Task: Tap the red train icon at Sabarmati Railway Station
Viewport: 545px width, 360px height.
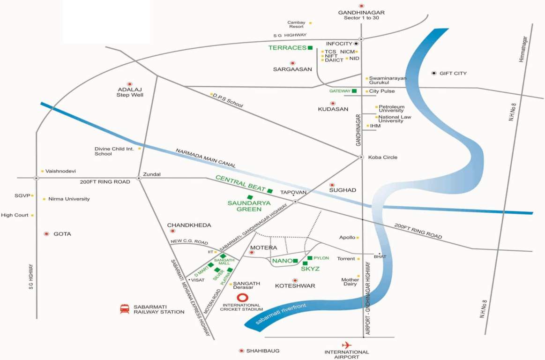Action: click(x=125, y=309)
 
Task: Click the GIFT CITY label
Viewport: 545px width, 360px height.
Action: click(x=453, y=74)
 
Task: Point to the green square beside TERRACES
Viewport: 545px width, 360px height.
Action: click(x=310, y=48)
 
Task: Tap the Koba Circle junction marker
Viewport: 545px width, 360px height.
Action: click(x=361, y=157)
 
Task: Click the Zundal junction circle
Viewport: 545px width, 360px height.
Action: click(x=139, y=178)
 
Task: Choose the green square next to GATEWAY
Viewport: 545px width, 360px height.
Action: click(x=354, y=91)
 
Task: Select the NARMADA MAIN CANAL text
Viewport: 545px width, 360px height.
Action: click(x=206, y=158)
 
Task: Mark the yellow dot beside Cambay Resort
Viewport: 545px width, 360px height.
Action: click(x=310, y=23)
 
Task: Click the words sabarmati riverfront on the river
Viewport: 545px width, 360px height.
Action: click(x=281, y=315)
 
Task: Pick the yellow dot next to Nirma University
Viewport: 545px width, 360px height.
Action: click(x=44, y=199)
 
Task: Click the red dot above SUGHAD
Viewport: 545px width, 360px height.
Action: click(x=332, y=185)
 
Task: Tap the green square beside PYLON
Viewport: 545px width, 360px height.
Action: click(x=309, y=258)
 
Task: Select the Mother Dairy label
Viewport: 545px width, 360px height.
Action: click(x=350, y=282)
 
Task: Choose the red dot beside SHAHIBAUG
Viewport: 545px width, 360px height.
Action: click(x=241, y=351)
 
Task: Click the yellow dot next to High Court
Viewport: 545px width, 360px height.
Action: click(x=32, y=216)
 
